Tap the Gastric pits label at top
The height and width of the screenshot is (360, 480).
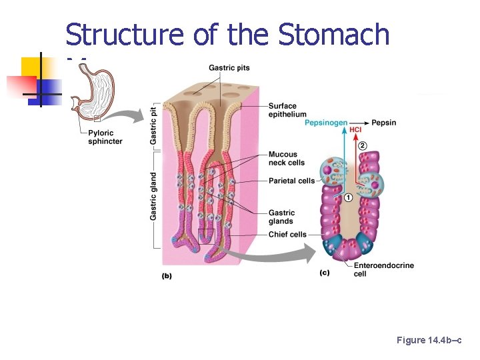click(x=229, y=67)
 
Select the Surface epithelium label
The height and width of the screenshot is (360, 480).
click(x=287, y=110)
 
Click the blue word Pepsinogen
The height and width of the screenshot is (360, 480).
click(x=326, y=123)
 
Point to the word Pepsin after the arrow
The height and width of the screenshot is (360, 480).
click(x=384, y=123)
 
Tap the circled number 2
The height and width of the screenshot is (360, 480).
click(x=363, y=145)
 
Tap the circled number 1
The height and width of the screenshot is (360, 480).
click(x=348, y=197)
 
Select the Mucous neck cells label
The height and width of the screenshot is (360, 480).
click(x=287, y=159)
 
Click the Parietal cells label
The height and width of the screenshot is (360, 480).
click(x=291, y=181)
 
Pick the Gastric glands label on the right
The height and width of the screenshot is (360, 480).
click(x=281, y=217)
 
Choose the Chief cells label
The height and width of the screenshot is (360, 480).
click(x=287, y=235)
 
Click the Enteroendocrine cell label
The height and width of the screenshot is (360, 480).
click(x=383, y=269)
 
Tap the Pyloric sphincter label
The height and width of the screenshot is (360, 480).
click(x=105, y=137)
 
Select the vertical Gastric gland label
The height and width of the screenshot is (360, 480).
click(x=154, y=196)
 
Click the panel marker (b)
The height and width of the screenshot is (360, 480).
click(x=166, y=276)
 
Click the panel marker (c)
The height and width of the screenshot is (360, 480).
click(x=325, y=273)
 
